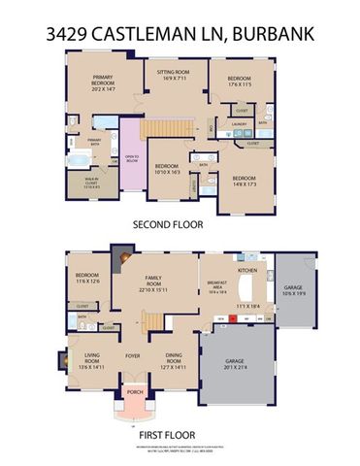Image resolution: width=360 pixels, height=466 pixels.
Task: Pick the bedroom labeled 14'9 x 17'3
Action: pyautogui.click(x=245, y=180)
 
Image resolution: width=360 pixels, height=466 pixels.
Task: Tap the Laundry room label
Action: pyautogui.click(x=238, y=123)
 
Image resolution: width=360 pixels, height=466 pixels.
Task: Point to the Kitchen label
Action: pyautogui.click(x=247, y=270)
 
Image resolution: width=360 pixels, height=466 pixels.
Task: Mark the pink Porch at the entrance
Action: pyautogui.click(x=130, y=393)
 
